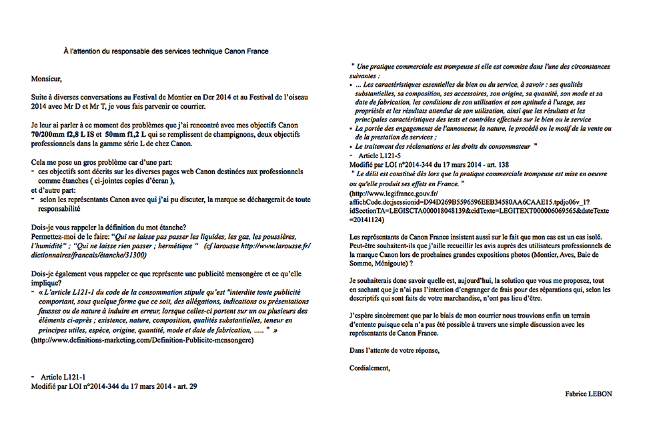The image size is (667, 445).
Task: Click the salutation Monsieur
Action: pos(46,78)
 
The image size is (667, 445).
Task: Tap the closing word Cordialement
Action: pos(370,368)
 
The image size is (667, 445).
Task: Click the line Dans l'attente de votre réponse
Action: pos(395,350)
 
